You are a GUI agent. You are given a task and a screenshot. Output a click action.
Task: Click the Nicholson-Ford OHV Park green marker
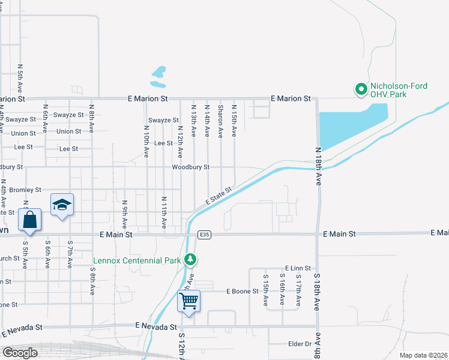coord(361,90)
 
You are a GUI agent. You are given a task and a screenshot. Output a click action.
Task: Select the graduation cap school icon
coord(62,204)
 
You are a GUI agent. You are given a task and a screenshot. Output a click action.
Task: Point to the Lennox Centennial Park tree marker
coord(190,260)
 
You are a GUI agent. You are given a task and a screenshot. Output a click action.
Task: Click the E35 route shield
coord(205,234)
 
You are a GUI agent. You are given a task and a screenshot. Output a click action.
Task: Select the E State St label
coord(218,196)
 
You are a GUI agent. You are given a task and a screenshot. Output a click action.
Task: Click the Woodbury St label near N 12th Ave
coord(190,167)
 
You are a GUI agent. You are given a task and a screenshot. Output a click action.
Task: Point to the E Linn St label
coord(298,268)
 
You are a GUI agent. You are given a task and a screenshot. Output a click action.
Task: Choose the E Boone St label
coord(242,292)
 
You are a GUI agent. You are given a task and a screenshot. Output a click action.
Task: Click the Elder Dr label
coord(300,344)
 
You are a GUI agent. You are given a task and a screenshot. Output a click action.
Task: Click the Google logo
coord(20,353)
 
